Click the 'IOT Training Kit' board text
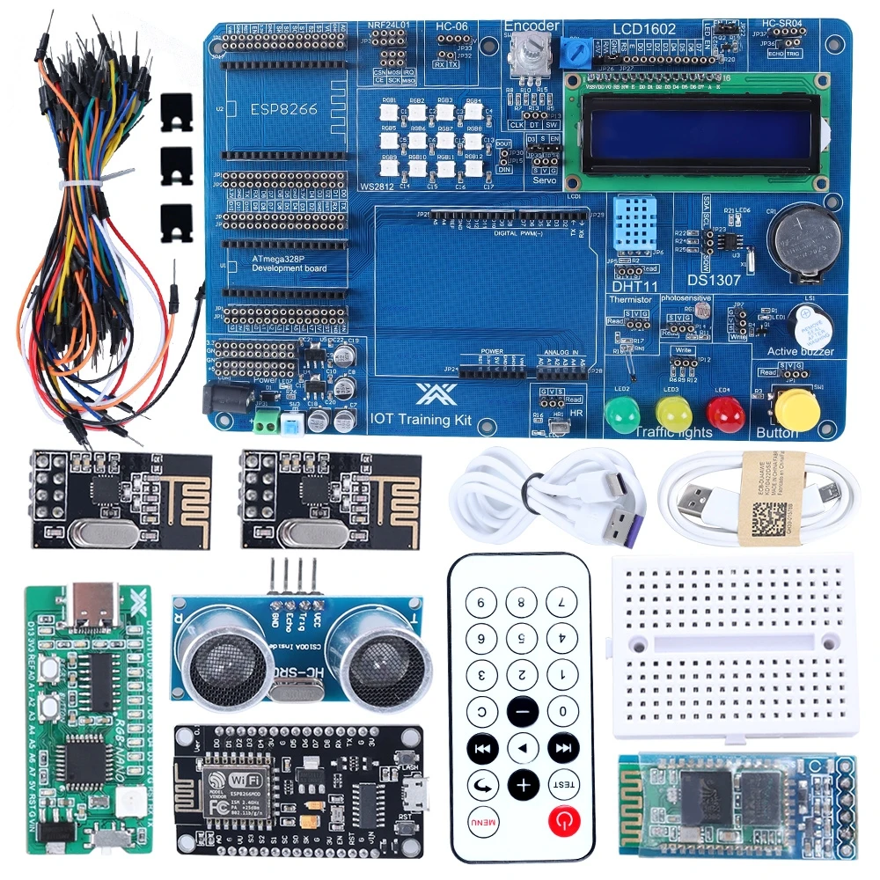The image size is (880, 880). [422, 420]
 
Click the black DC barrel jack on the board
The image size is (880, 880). [217, 400]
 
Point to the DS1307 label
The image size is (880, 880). [714, 280]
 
